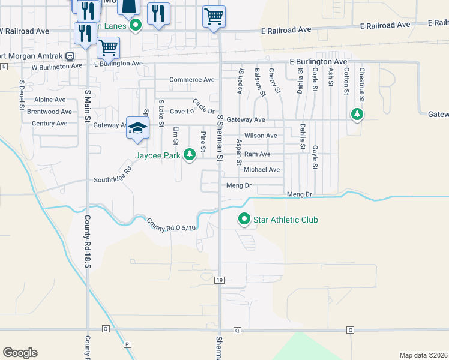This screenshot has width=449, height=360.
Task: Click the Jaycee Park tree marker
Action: (190, 155)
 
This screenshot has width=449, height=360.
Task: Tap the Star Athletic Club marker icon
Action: (244, 220)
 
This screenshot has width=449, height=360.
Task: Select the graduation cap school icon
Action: (137, 128)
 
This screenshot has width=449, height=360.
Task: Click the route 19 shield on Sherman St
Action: (220, 280)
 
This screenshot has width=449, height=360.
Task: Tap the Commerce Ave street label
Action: (191, 79)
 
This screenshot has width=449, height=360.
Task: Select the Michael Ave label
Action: (261, 170)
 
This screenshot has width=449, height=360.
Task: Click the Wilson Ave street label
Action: (261, 136)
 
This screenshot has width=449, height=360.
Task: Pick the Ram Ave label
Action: (257, 154)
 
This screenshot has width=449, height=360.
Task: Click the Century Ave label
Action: (49, 124)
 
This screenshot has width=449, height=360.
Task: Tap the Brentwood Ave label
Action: (50, 112)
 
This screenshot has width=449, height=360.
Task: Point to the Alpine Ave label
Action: (50, 100)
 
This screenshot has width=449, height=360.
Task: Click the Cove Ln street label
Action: (182, 112)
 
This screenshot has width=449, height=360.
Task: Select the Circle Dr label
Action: (203, 106)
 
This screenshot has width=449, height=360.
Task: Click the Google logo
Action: (20, 352)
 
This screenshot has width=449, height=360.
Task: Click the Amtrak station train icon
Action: (70, 56)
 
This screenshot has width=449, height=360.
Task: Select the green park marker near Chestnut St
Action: (357, 113)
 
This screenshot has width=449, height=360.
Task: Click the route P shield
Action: (127, 344)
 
